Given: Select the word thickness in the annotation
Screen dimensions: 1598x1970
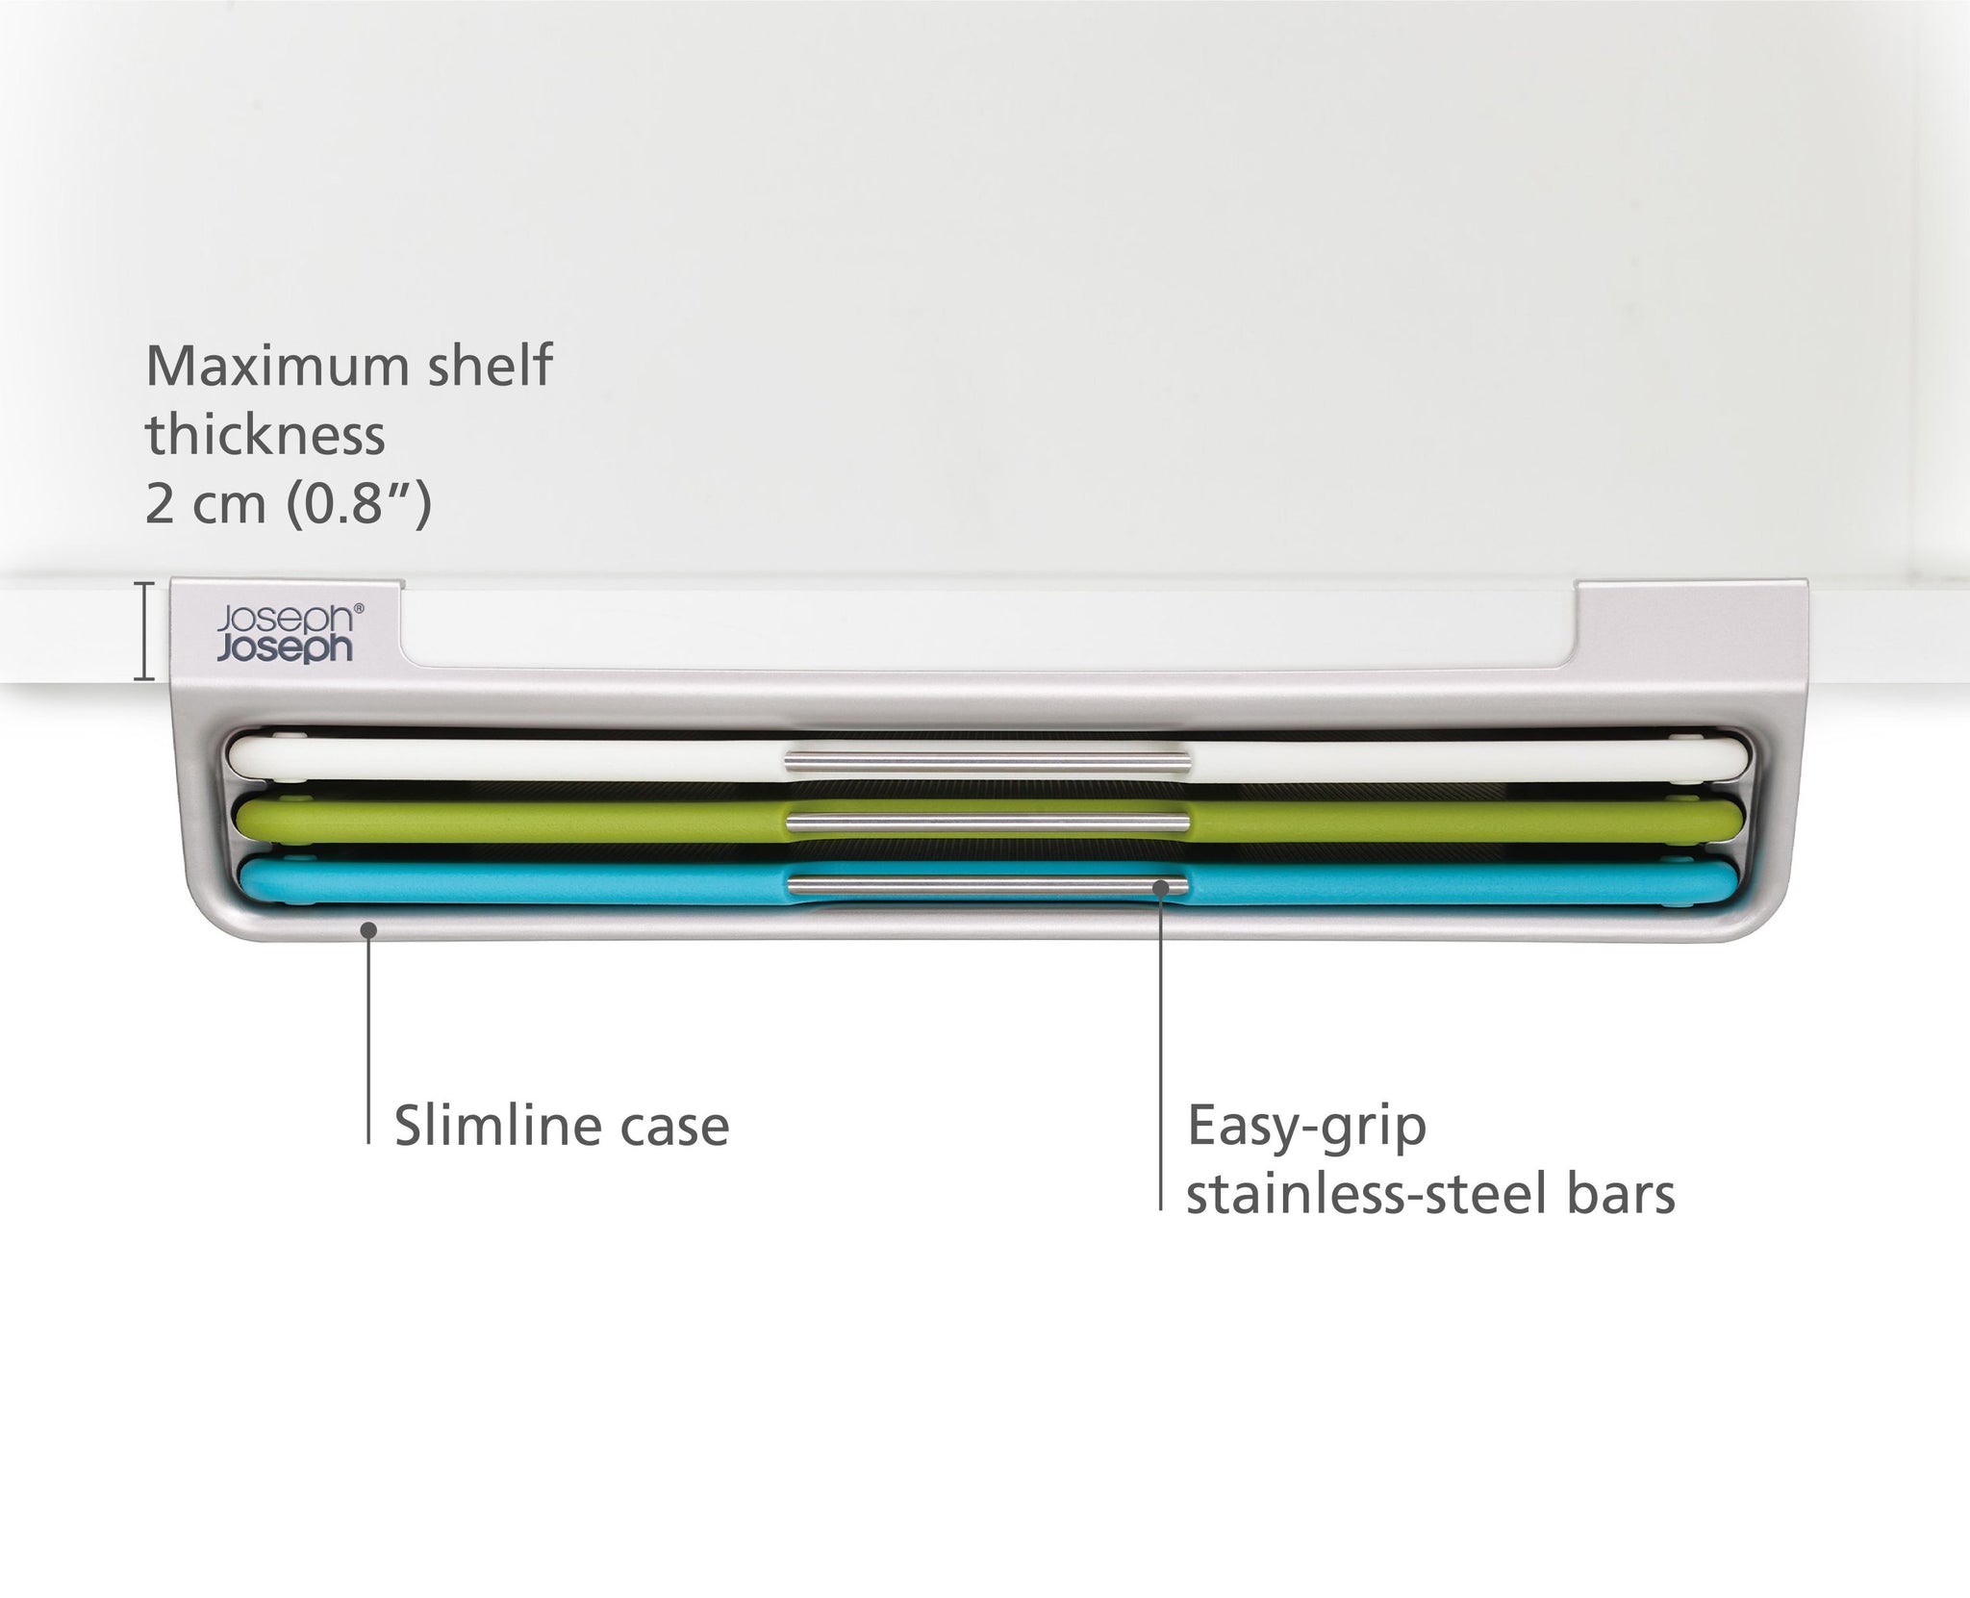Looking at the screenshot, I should (265, 435).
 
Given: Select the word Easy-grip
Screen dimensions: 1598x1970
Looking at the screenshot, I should (1306, 1127).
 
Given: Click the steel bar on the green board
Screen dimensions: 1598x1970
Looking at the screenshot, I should (986, 821).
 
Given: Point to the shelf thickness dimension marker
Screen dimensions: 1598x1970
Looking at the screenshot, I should (144, 631).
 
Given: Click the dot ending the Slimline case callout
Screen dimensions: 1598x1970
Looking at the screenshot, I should (367, 927).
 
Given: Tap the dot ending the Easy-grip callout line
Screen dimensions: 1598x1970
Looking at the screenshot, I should (1161, 888).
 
